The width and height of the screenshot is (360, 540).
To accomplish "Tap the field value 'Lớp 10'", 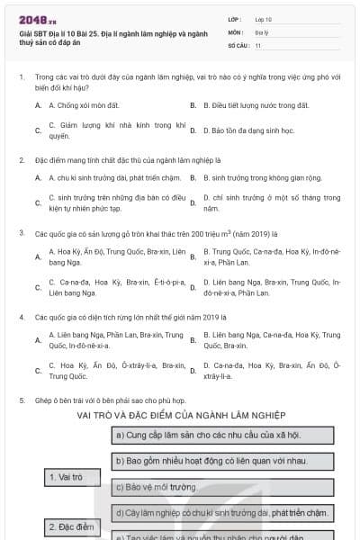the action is (x=263, y=18).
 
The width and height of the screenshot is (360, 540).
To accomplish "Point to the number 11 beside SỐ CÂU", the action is (x=258, y=44).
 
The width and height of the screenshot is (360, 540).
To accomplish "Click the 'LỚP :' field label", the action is (x=234, y=18).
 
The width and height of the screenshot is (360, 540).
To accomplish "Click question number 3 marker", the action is (x=22, y=231).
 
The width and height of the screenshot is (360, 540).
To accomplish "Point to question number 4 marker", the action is (x=22, y=317).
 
